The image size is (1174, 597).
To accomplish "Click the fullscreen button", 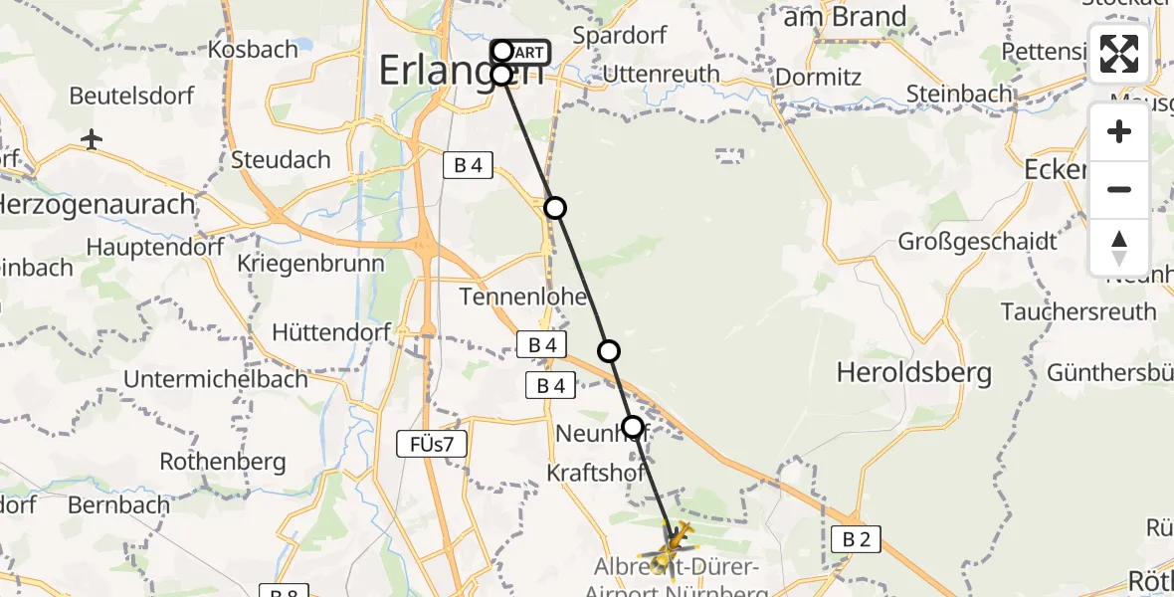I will (1119, 54).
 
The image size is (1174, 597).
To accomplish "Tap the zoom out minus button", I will (1119, 189).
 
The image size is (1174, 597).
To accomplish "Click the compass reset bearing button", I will (1119, 248).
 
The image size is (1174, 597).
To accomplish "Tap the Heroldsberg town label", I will (913, 373).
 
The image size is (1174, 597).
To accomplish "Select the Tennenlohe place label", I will (522, 297).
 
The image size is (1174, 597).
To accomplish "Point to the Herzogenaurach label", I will (98, 205).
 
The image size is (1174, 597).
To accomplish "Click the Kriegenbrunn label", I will (311, 264).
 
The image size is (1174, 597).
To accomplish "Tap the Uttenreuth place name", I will (661, 74).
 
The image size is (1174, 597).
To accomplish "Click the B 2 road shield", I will (857, 539).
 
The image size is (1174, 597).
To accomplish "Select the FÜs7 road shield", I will (431, 444).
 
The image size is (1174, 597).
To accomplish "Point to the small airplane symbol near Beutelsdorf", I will (92, 138).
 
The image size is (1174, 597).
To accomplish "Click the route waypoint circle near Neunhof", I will (633, 428).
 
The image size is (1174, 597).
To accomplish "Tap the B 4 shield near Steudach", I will (468, 165).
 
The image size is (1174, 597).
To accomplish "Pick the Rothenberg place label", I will (223, 462).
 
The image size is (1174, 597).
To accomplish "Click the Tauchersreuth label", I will (1078, 311).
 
